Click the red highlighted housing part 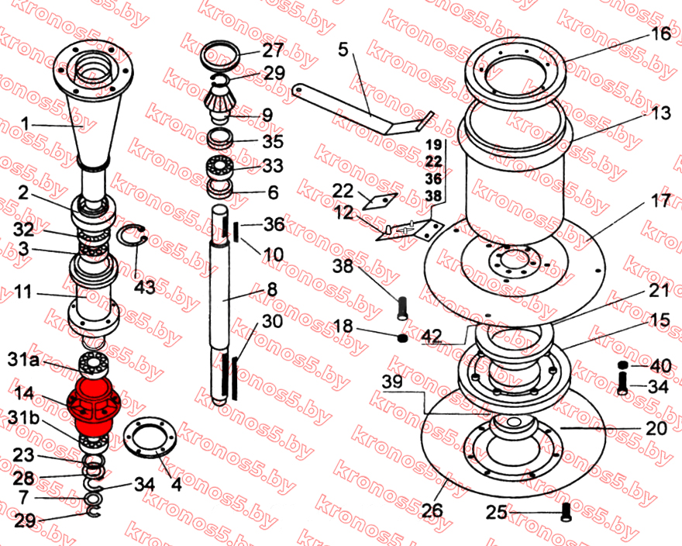[x=91, y=407]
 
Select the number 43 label [x=144, y=288]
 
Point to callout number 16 [x=661, y=33]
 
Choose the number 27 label [x=273, y=50]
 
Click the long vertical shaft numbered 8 [x=220, y=305]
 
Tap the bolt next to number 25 [x=566, y=512]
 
